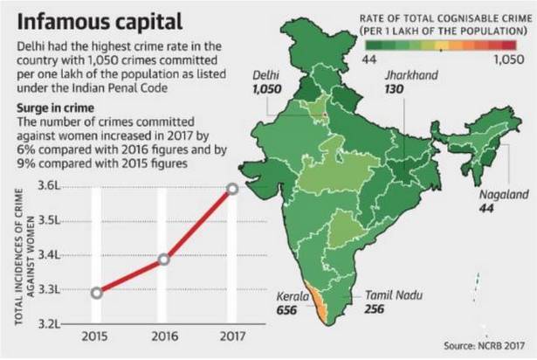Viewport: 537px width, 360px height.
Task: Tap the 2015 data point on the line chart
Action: tap(96, 292)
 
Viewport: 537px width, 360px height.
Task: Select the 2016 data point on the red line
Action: tap(164, 259)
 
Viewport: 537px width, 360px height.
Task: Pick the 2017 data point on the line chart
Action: tap(231, 188)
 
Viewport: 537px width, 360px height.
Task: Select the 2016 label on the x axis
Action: tap(164, 336)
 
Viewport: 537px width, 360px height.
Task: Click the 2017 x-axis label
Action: tap(231, 336)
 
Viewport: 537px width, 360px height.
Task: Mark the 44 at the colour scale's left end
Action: tap(367, 59)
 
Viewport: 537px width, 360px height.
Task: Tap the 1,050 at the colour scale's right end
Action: tap(507, 59)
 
